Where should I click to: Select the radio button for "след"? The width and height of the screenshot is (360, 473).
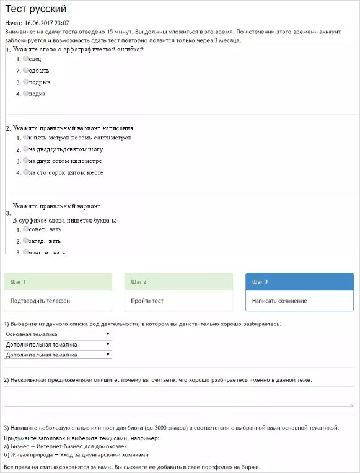(x=25, y=58)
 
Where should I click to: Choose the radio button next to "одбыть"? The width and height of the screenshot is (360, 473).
(x=25, y=70)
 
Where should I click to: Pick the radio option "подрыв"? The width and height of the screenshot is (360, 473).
(x=25, y=82)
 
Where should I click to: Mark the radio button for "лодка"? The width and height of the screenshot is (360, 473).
(x=25, y=94)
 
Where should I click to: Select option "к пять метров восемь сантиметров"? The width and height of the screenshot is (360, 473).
(x=25, y=137)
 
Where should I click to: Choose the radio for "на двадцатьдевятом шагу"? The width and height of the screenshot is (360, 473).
(x=25, y=149)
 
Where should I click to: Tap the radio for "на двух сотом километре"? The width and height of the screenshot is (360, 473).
(x=25, y=161)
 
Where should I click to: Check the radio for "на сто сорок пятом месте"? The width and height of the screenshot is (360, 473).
(x=25, y=172)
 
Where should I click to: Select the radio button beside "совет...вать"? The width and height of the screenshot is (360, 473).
(x=25, y=229)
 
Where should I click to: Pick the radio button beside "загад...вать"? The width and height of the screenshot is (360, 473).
(x=25, y=241)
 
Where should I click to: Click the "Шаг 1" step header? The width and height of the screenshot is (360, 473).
(x=58, y=281)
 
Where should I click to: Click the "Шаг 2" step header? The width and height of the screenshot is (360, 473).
(x=178, y=281)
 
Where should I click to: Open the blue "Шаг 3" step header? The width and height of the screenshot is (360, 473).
(x=299, y=281)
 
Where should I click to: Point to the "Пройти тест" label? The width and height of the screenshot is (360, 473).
(x=147, y=301)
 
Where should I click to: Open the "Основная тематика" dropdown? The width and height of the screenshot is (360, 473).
(x=58, y=334)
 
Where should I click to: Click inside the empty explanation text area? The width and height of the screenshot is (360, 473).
(x=179, y=396)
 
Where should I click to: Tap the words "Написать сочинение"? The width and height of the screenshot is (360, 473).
(x=279, y=301)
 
